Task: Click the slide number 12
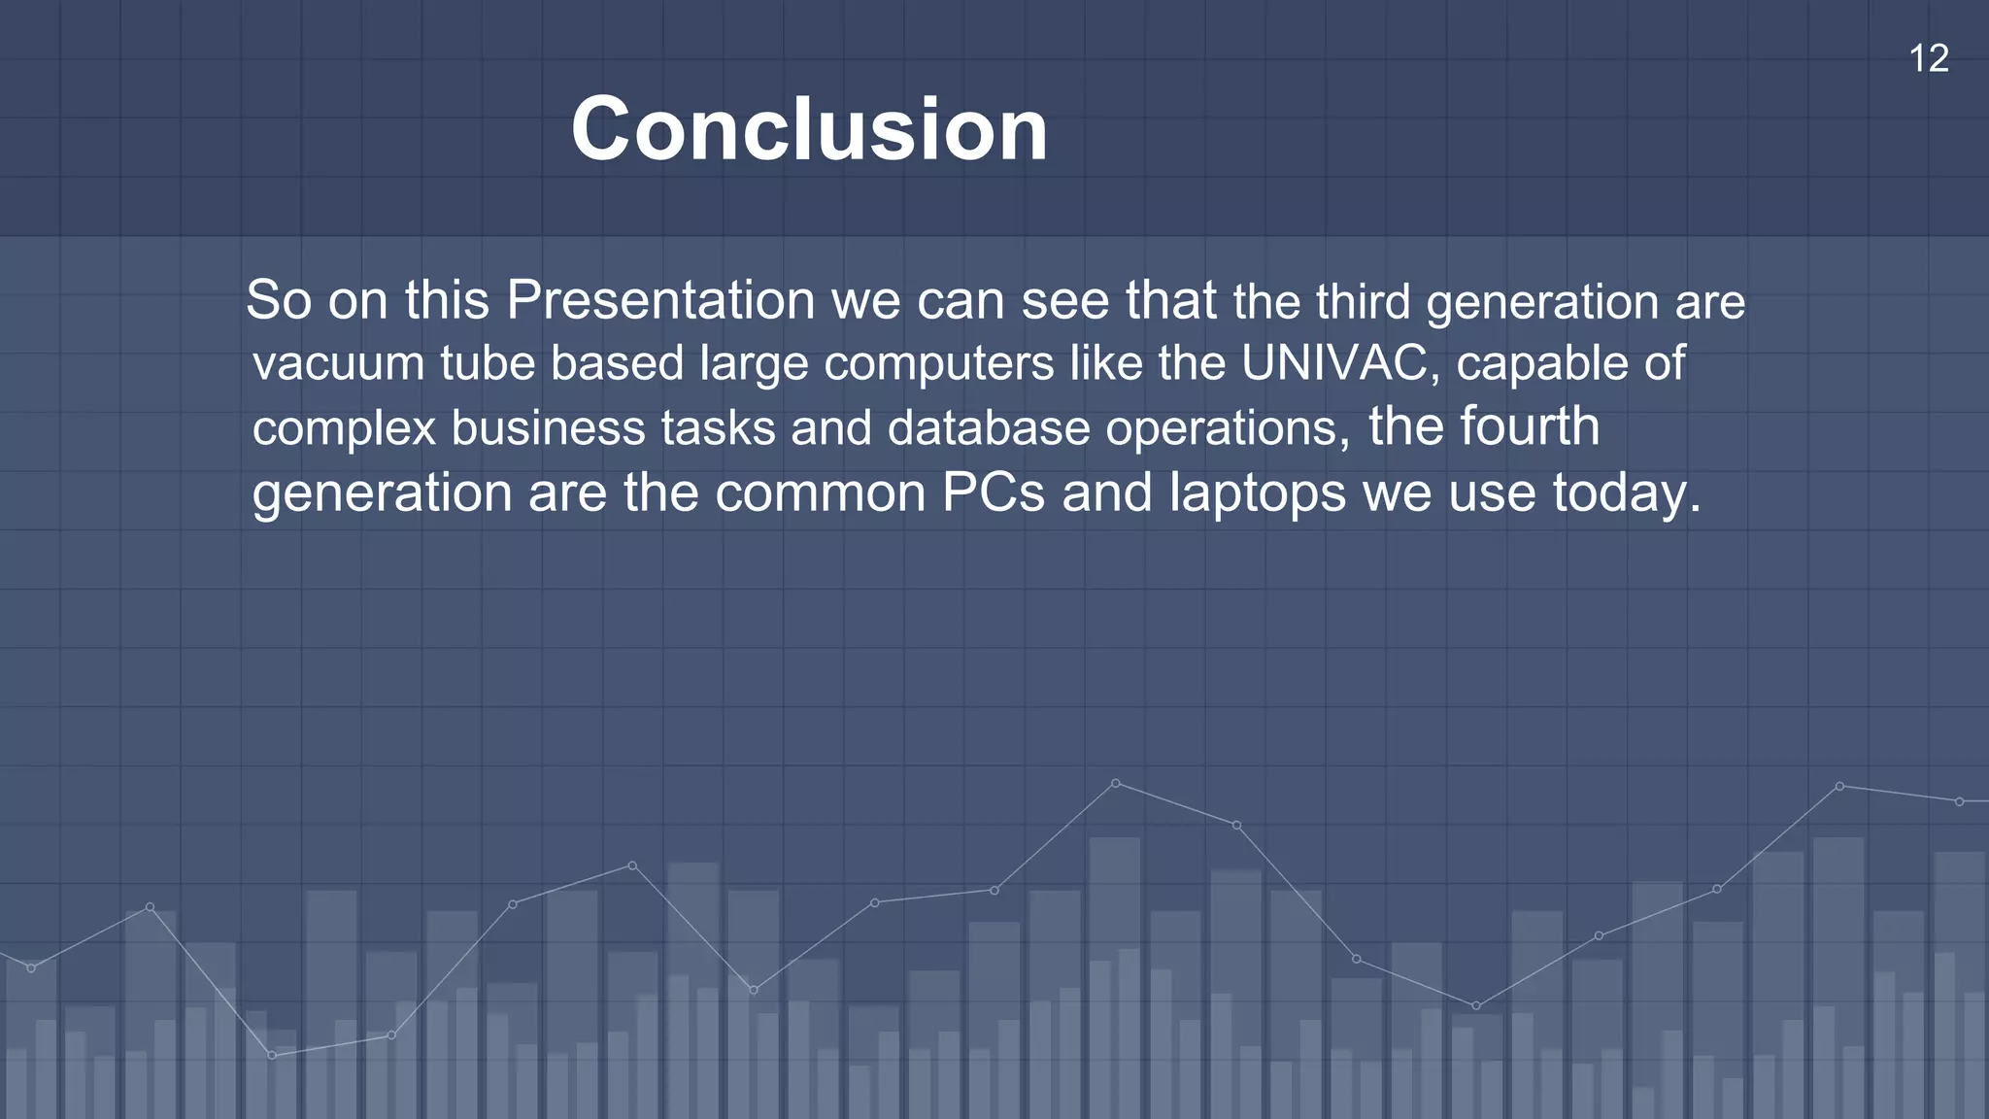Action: point(1929,59)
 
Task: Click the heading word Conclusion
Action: point(809,129)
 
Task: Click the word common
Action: point(821,492)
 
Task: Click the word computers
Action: point(939,363)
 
